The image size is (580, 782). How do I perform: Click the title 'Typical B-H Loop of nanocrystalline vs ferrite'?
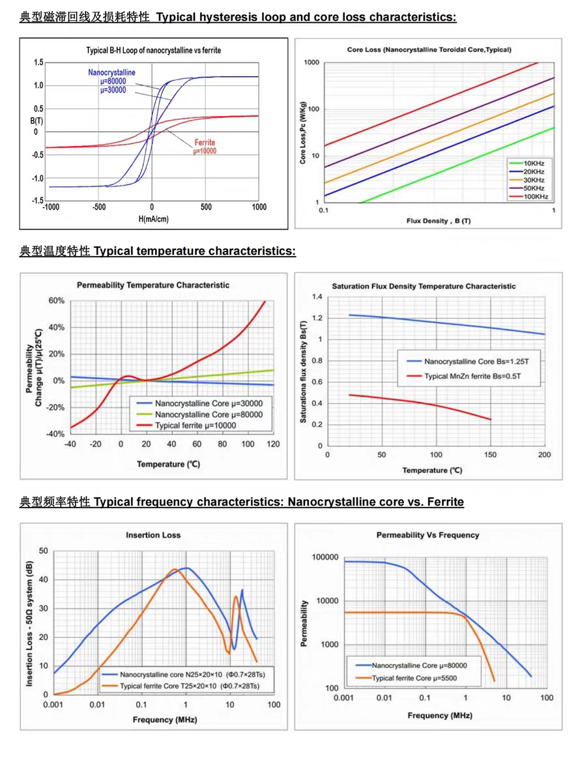coord(153,50)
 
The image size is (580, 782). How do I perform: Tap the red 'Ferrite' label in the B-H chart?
coord(205,143)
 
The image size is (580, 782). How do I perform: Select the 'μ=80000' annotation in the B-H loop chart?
coord(113,81)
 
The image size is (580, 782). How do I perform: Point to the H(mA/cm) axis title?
coord(153,219)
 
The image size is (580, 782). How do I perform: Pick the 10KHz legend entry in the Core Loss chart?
coord(527,163)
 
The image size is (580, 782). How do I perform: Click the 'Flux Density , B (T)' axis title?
coord(439,221)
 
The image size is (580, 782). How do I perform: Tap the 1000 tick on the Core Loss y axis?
coord(312,63)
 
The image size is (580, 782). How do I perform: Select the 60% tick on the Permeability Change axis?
coord(57,300)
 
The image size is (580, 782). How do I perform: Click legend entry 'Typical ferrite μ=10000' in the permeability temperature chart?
coord(186,426)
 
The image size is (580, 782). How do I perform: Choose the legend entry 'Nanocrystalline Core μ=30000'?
coord(199,403)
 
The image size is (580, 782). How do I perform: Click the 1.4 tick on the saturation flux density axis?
coord(317,297)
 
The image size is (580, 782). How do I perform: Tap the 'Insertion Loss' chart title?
coord(153,535)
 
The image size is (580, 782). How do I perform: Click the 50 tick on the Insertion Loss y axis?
coord(44,551)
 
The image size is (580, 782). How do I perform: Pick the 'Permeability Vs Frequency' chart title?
coord(428,535)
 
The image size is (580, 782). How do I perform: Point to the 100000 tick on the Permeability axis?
coord(325,557)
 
